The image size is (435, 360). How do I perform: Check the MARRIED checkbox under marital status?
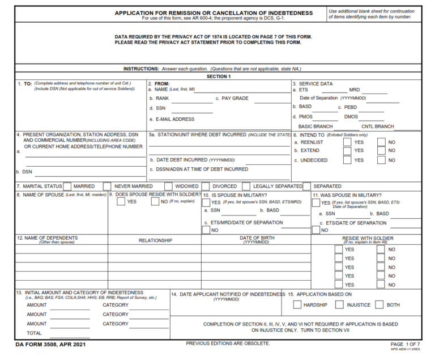[67, 186]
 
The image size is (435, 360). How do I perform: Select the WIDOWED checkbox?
[168, 186]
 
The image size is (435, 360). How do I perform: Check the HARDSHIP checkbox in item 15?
[297, 304]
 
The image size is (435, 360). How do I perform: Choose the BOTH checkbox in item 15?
[379, 304]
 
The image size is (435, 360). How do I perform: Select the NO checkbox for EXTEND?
[381, 151]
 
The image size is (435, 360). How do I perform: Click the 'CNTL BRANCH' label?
[378, 126]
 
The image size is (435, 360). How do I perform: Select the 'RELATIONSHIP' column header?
[155, 240]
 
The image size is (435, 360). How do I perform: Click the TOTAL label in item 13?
[34, 333]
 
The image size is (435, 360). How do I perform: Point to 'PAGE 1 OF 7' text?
[405, 344]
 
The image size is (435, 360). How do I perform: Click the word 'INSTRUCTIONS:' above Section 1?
[141, 69]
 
